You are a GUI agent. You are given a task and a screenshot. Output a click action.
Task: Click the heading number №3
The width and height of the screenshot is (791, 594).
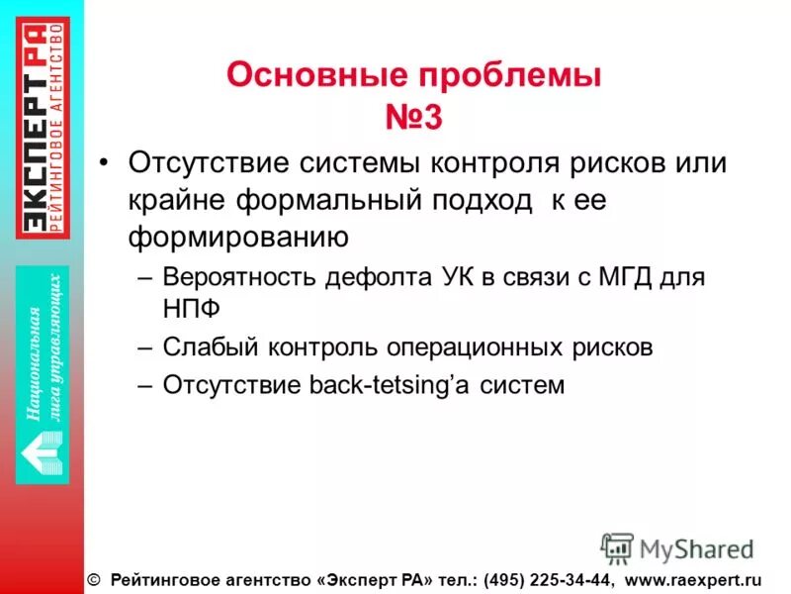[413, 118]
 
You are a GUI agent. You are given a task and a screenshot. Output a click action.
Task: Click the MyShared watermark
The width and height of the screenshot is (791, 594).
[676, 548]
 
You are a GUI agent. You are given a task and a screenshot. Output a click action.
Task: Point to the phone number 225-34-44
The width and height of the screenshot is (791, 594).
[566, 579]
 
